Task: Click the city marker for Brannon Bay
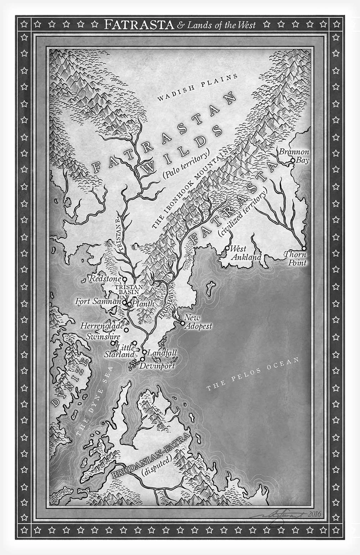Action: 293,160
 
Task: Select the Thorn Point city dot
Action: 304,248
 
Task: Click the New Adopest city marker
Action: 183,323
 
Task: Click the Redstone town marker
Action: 125,279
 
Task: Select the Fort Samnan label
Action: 98,302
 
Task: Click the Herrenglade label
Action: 102,326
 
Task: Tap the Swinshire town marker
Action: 113,343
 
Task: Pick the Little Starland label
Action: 120,351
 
